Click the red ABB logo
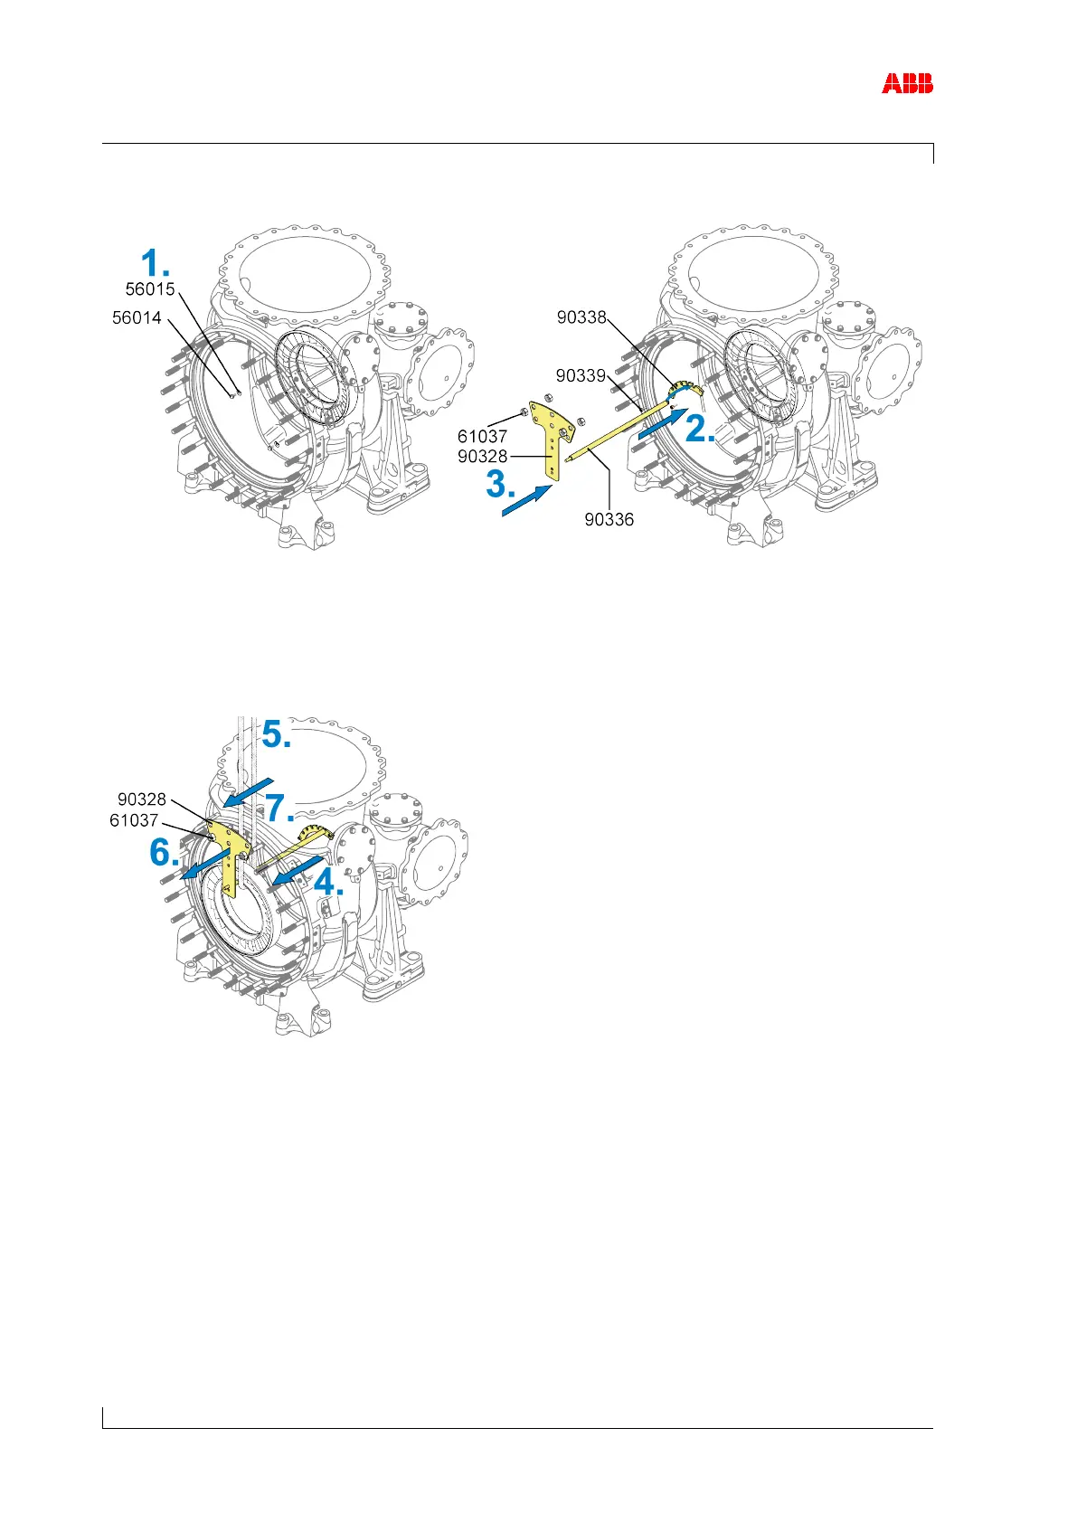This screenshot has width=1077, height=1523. (907, 84)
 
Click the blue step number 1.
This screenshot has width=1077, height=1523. (155, 264)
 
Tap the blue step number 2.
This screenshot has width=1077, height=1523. (702, 429)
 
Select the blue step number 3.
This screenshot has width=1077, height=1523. (502, 485)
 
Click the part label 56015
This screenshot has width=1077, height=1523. (150, 289)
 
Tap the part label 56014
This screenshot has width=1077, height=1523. (137, 317)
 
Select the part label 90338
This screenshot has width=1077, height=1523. (581, 317)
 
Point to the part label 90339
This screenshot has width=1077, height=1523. (581, 374)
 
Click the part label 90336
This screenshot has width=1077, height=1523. (609, 519)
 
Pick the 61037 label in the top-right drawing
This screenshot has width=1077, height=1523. (482, 437)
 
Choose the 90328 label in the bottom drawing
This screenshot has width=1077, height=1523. (142, 799)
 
